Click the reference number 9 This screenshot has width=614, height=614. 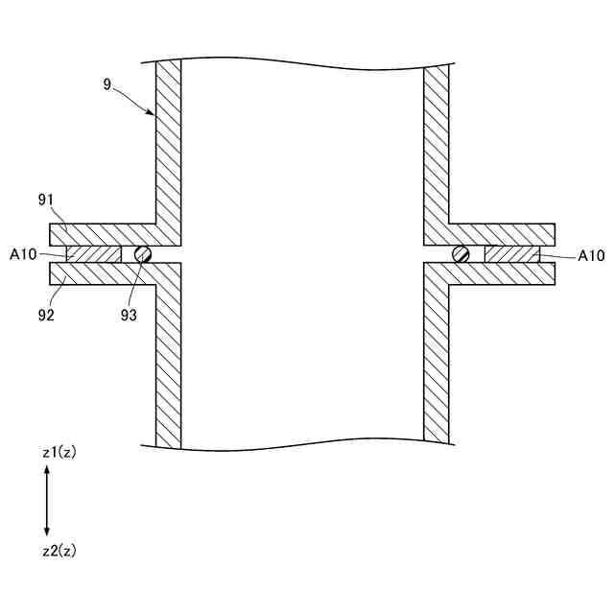106,84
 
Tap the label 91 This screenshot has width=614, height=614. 44,200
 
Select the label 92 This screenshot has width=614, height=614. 44,313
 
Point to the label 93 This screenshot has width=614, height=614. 130,313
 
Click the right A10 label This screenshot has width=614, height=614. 591,255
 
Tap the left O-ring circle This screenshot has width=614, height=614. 144,253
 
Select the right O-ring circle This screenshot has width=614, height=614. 461,253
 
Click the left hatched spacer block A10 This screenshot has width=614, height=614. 94,254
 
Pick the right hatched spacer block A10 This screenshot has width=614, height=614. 511,254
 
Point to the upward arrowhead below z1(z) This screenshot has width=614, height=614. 47,470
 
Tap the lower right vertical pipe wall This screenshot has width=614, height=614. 436,365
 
